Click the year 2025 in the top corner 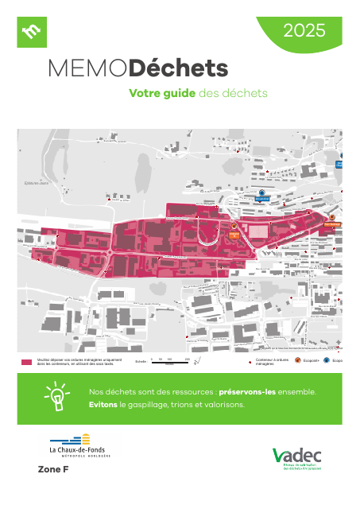(304, 32)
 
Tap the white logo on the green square (33, 32)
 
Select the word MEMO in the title (87, 68)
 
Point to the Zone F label (53, 471)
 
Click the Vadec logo (298, 457)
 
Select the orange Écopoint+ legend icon (298, 360)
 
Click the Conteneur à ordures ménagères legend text (269, 362)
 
